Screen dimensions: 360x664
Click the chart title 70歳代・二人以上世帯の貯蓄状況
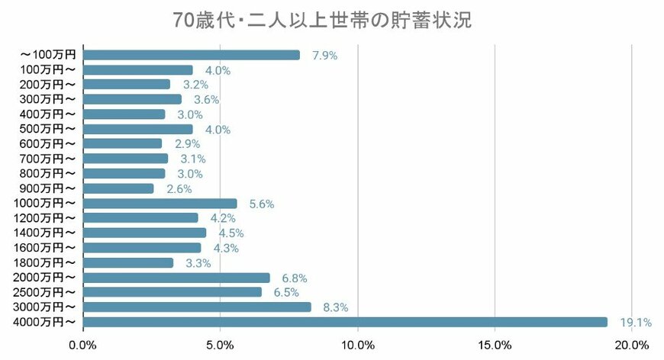pos(322,20)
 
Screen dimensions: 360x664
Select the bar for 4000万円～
pos(344,322)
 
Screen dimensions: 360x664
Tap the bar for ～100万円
pos(191,55)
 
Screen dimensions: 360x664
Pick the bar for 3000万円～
pos(197,307)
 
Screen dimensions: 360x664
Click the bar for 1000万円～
pos(160,204)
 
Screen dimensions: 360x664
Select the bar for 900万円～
pos(118,188)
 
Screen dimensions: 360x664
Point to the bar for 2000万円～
pos(176,278)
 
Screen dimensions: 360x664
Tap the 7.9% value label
pos(324,56)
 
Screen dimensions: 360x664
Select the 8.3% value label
pos(336,307)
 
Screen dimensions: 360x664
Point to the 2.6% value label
pos(179,189)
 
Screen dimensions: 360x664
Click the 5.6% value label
pos(261,204)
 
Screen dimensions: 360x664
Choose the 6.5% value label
pos(286,293)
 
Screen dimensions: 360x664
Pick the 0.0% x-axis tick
pos(82,345)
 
